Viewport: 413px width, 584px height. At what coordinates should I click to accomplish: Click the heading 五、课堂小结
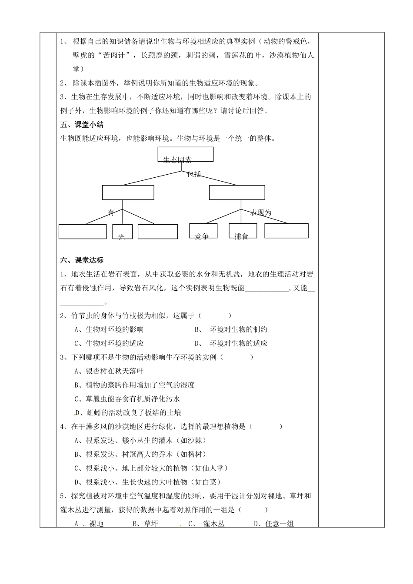tap(82, 125)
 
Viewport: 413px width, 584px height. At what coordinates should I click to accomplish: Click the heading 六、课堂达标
tap(82, 260)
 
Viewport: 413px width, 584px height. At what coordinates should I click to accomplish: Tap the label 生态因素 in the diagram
tap(177, 160)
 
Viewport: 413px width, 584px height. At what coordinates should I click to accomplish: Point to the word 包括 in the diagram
tap(194, 174)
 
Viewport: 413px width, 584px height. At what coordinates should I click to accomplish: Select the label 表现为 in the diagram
tap(261, 212)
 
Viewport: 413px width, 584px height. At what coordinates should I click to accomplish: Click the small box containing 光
tap(122, 232)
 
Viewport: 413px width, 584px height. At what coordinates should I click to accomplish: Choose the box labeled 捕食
tap(243, 231)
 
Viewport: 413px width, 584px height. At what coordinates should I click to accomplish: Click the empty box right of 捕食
tap(286, 231)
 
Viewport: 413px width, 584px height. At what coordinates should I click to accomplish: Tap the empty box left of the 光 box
tap(83, 232)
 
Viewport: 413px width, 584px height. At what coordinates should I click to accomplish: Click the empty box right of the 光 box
tap(157, 232)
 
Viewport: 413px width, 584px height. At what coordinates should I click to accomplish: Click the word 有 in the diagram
tap(111, 212)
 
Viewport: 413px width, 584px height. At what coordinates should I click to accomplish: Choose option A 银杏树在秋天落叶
tap(109, 371)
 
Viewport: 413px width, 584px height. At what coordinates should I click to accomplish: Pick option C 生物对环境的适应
tap(109, 343)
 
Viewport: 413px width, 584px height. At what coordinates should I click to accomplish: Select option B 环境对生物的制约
tap(231, 329)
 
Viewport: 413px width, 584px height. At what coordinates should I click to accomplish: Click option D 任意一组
tap(274, 524)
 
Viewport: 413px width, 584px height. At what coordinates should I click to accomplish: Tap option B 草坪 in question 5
tap(145, 524)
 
